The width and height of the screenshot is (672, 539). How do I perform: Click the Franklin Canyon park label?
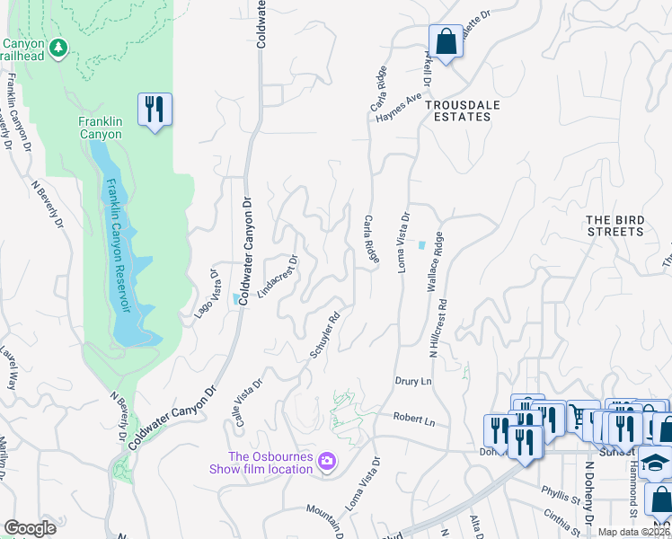(x=100, y=127)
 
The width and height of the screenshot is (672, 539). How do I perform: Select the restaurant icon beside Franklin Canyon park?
(x=155, y=110)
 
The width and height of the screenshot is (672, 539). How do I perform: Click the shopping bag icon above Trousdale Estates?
(x=446, y=41)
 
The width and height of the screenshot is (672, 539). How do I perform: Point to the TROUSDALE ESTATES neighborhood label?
(x=463, y=105)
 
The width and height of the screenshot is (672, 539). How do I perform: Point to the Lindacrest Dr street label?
(x=277, y=279)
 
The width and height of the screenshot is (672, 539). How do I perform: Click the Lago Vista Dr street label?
(x=207, y=293)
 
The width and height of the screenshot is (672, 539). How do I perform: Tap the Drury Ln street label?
(x=414, y=381)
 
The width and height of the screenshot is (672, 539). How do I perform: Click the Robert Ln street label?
(x=414, y=420)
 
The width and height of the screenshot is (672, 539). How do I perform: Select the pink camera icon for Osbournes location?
(x=327, y=461)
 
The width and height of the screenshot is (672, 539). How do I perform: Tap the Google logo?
(x=30, y=527)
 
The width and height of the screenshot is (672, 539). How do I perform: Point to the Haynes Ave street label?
(x=399, y=112)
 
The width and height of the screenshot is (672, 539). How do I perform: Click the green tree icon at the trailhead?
(x=58, y=46)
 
